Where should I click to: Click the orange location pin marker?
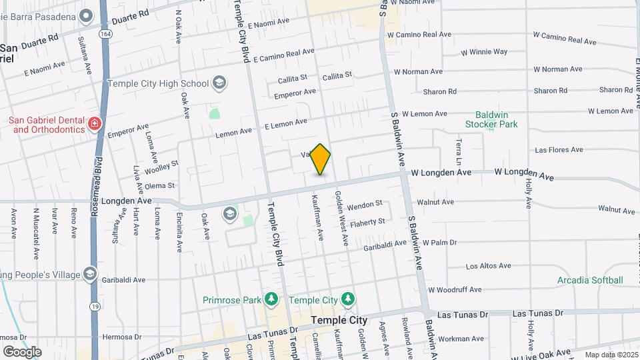(x=321, y=159)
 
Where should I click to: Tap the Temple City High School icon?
(x=219, y=83)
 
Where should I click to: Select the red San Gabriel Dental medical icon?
(x=95, y=123)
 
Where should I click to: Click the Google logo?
(x=22, y=351)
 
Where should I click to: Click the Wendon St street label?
(x=364, y=203)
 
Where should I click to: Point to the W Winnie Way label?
(x=484, y=51)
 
